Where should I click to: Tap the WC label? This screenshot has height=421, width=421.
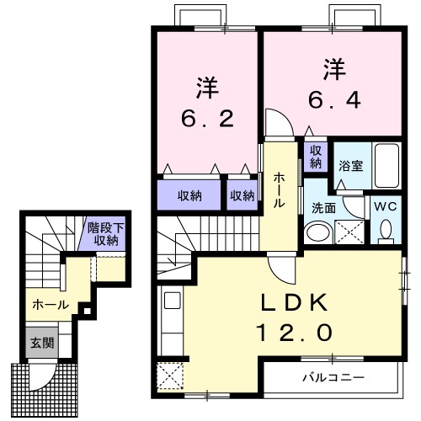coord(386,205)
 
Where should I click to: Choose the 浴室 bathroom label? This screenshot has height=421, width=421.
coord(351,165)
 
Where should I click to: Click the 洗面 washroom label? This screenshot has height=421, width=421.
coord(324,206)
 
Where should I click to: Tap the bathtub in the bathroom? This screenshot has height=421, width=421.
coord(387,167)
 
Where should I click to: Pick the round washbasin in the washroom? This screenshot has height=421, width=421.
coord(317,232)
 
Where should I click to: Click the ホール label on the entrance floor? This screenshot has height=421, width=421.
coord(45,305)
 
